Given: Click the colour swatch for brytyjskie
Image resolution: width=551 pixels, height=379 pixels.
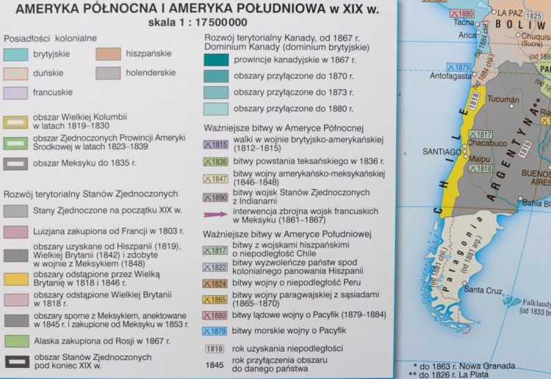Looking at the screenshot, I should [x=15, y=54].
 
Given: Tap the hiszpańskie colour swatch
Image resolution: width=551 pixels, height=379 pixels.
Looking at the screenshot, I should [x=108, y=54].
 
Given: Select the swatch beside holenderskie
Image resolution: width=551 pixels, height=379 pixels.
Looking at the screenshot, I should [x=108, y=73].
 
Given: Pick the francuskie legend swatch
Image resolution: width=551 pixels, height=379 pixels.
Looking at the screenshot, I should [x=15, y=93].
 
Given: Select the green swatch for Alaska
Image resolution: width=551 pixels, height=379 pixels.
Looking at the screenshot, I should [x=15, y=341].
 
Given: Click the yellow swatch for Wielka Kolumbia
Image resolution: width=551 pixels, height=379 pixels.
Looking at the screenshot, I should [x=15, y=121].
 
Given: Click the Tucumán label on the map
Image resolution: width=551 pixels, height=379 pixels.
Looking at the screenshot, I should [x=503, y=99].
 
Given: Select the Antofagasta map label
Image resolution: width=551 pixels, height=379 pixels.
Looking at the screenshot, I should [x=450, y=75].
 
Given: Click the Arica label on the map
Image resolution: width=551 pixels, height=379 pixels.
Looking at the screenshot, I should [x=467, y=35].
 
